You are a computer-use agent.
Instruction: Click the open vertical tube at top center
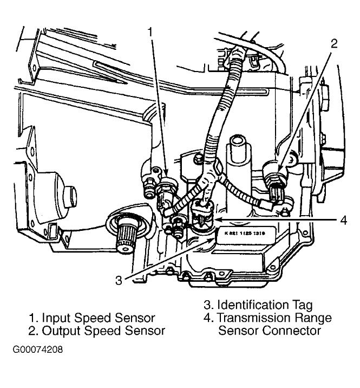click(x=237, y=146)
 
